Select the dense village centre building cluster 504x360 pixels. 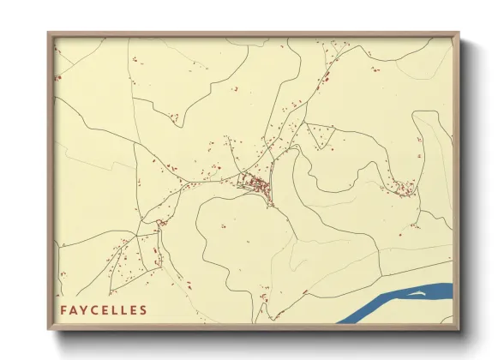[x=256, y=183]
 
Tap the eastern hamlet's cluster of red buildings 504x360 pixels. [x=403, y=187]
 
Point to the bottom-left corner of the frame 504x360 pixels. [x=48, y=329]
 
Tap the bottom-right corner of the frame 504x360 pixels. [x=459, y=329]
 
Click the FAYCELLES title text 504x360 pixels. [x=104, y=310]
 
